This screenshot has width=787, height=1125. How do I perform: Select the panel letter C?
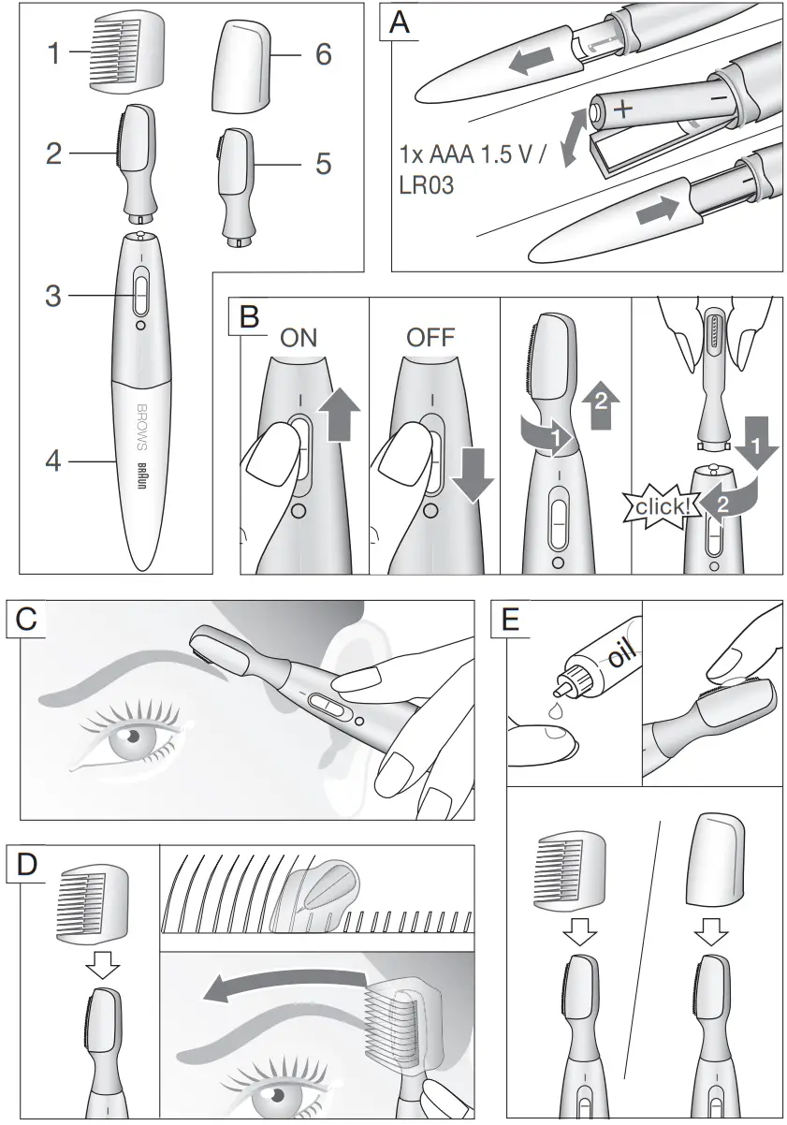[x=28, y=620]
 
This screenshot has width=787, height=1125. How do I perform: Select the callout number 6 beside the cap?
[x=323, y=55]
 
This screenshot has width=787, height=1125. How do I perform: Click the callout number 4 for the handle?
[x=53, y=460]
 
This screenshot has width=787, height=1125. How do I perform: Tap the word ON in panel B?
[x=299, y=339]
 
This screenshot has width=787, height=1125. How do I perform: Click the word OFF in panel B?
[x=430, y=339]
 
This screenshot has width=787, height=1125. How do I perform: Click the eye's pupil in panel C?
[x=133, y=735]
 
